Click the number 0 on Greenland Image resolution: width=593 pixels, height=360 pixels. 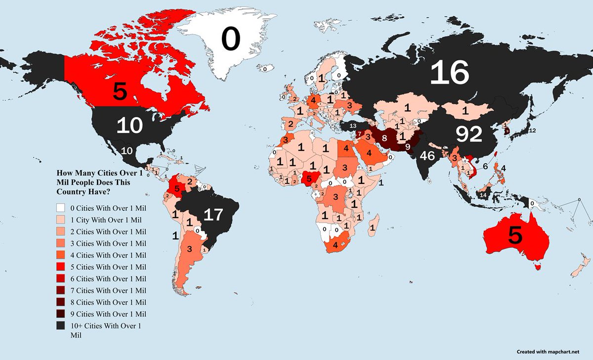coord(231,40)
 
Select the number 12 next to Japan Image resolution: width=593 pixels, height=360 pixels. coord(532,131)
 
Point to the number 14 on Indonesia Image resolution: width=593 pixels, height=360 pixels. coord(483,195)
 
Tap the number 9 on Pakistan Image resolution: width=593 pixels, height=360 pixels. coord(407,146)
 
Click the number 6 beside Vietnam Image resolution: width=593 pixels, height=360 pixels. coord(485,167)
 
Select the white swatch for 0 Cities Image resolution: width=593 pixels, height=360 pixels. coord(60,207)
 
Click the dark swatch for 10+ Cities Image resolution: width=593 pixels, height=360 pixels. coord(60,325)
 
